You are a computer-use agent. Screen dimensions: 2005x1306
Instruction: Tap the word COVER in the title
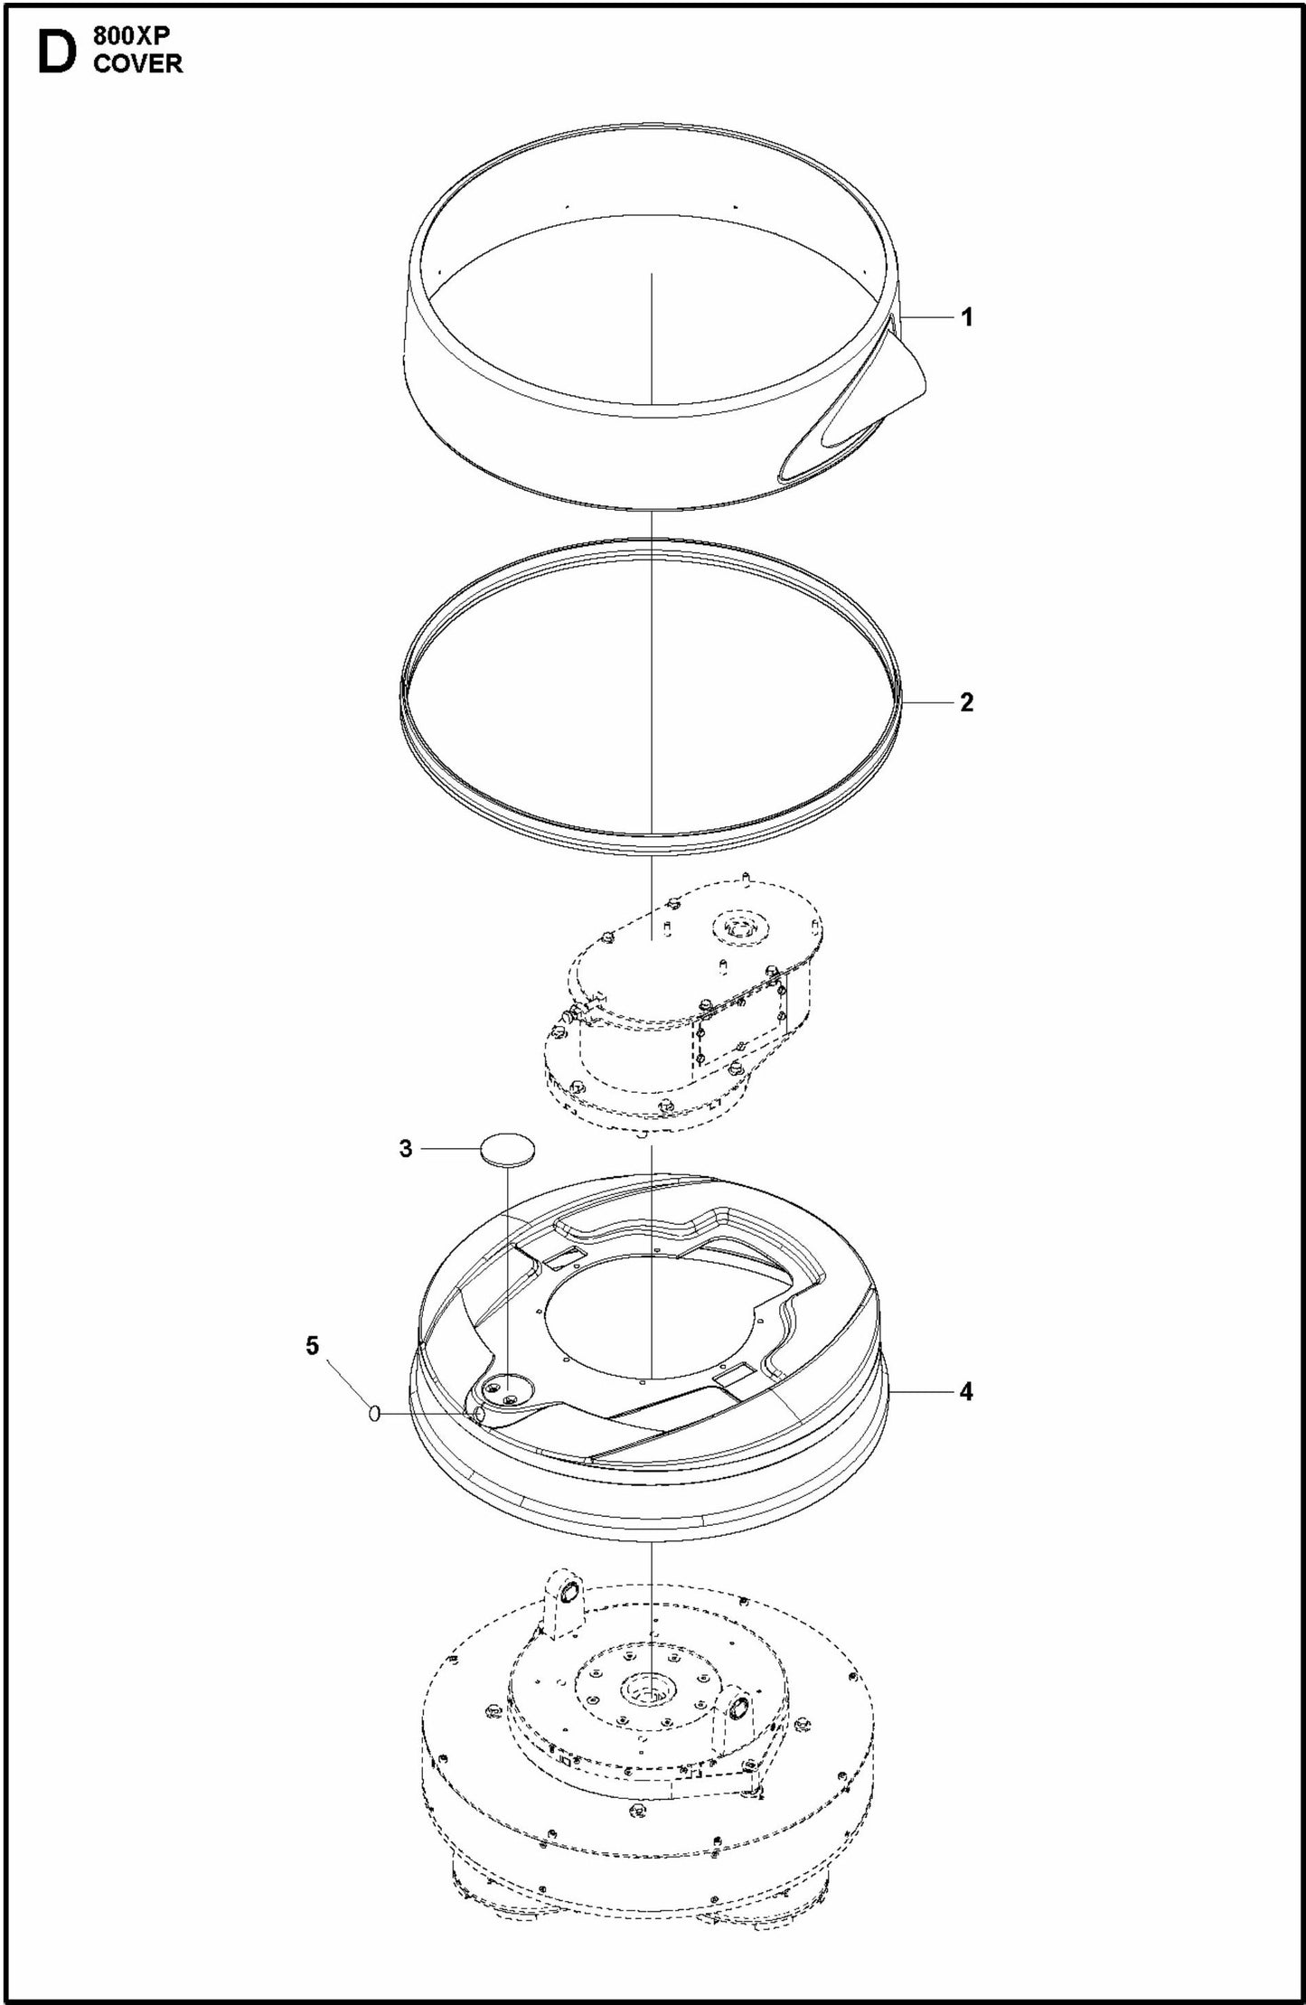point(136,63)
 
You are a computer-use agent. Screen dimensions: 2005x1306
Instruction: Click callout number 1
point(966,317)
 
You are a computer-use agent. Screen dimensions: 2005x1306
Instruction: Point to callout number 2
point(966,702)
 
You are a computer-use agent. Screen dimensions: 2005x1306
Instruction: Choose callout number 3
point(406,1148)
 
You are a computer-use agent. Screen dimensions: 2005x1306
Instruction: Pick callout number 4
point(966,1391)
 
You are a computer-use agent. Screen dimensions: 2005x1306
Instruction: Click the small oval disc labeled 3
point(507,1148)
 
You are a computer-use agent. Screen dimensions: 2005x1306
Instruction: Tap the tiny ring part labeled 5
point(374,1413)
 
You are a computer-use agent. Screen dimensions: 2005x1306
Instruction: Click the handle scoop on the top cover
point(890,381)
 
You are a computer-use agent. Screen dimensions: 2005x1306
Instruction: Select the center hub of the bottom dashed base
point(649,1690)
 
